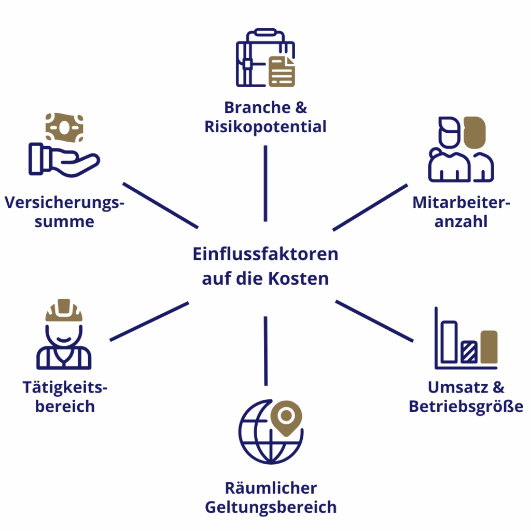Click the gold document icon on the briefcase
pos(282,72)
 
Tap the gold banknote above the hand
pos(64,128)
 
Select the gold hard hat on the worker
pos(64,311)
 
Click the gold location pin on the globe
pos(286,417)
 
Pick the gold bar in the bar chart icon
pos(488,347)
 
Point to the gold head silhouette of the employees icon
pos(474,132)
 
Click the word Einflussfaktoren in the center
pos(265,254)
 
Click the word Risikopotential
pos(265,127)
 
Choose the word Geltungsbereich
pos(271,507)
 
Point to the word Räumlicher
pos(271,488)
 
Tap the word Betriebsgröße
pos(466,406)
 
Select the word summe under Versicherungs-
pos(64,222)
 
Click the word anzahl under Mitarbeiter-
pos(461,222)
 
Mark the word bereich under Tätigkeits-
pos(65,406)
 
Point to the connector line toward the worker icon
pos(149,322)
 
